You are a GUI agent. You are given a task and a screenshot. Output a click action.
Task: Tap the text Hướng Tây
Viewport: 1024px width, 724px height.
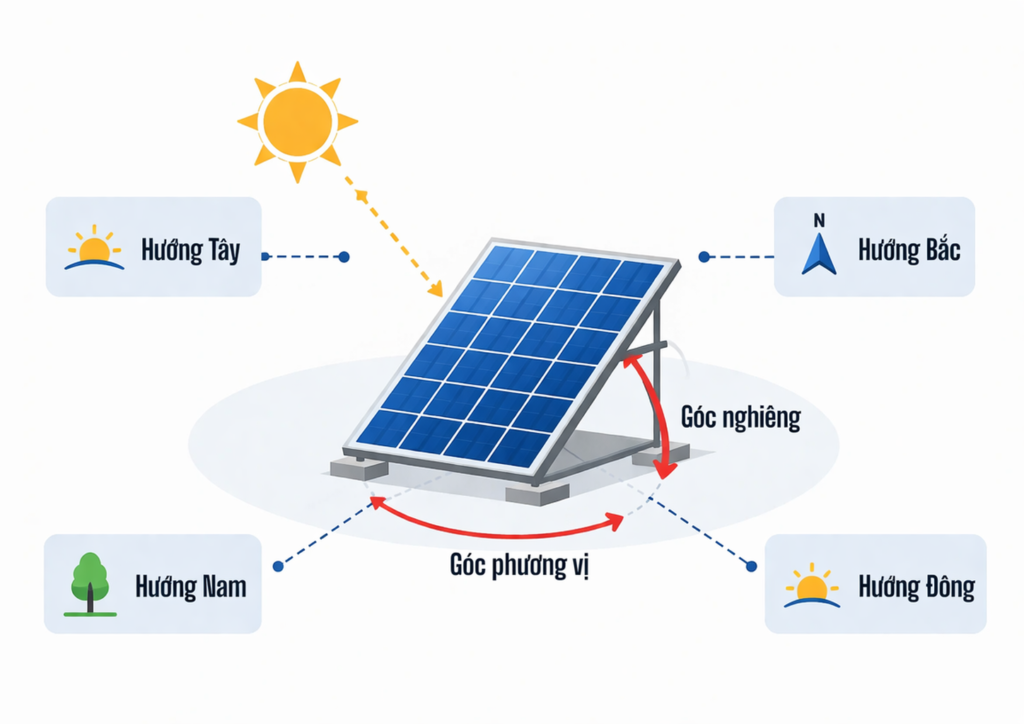190,249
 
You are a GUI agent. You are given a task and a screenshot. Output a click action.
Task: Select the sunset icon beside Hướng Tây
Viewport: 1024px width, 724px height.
94,249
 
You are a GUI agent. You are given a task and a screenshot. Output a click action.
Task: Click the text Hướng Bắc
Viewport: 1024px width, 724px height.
908,249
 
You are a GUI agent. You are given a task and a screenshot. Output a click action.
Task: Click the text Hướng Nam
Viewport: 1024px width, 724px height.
190,585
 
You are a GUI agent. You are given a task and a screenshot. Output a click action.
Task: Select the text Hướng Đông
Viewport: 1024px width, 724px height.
916,586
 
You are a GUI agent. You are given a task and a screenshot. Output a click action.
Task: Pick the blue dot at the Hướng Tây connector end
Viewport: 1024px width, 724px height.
344,257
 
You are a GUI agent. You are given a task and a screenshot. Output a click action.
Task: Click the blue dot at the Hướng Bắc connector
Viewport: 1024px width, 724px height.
704,257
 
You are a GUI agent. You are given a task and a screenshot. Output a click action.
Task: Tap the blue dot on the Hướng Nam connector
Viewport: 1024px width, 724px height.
276,566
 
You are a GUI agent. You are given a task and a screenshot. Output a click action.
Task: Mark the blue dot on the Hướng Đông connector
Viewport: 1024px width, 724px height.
752,566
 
